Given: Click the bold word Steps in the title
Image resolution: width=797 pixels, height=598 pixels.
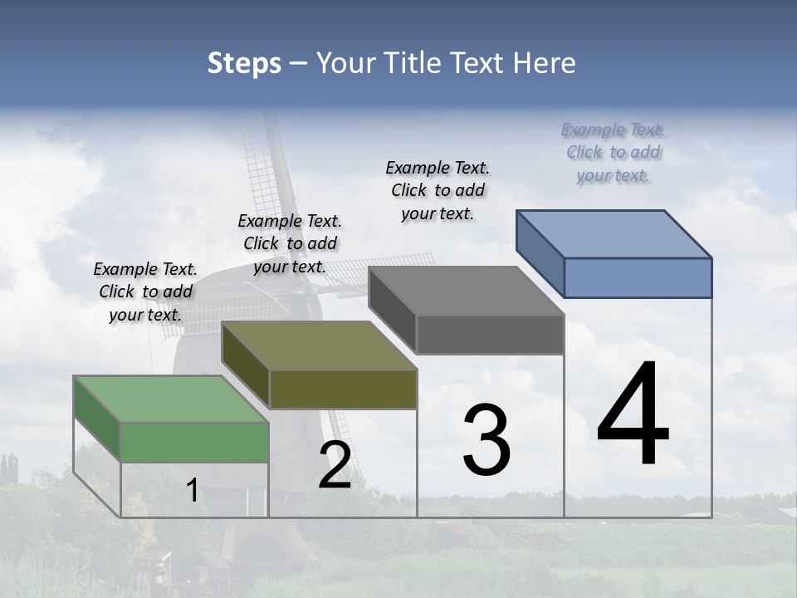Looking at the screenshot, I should click(244, 63).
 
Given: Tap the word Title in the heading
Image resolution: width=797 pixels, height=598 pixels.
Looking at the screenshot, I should click(412, 63).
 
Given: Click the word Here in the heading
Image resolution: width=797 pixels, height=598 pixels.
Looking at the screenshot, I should click(543, 63).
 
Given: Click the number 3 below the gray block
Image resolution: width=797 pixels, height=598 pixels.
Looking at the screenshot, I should click(486, 439).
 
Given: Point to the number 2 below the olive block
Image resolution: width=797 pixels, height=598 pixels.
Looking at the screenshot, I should click(335, 465).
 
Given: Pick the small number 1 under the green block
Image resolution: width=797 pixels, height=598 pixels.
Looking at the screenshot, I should click(192, 490).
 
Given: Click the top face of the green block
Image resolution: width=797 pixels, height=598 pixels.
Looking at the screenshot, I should click(171, 399).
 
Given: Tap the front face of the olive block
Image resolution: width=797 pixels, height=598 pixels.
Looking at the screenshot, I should click(343, 389).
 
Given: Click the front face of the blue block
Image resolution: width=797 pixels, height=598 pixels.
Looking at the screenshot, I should click(638, 277).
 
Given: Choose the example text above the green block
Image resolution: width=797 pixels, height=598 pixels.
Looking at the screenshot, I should click(145, 292).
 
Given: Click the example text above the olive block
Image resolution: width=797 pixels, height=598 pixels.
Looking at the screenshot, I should click(290, 243).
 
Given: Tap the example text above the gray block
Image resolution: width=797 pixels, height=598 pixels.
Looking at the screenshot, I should click(438, 190).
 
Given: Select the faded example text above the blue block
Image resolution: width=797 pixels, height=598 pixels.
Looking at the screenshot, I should click(613, 152).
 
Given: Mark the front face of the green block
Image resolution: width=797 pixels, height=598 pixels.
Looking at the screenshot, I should click(194, 442).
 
